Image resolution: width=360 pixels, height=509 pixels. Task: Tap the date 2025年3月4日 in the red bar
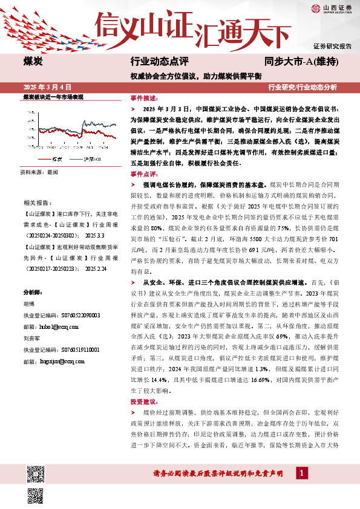click(x=48, y=87)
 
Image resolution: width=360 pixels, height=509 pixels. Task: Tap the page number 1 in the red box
click(x=299, y=473)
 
